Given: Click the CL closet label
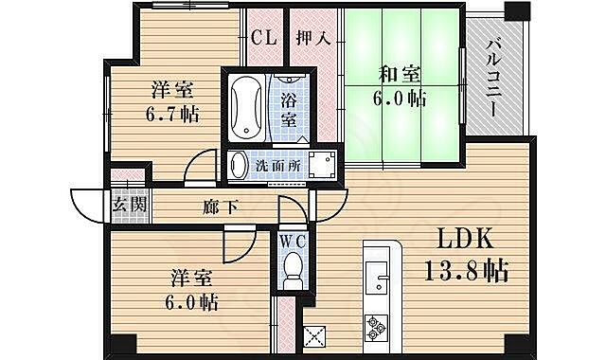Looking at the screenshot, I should pos(265,39).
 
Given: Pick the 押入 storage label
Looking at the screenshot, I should pos(312,39).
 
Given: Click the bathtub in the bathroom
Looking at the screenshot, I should pos(245,106).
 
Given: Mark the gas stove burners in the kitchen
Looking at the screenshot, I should pos(377,327).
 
